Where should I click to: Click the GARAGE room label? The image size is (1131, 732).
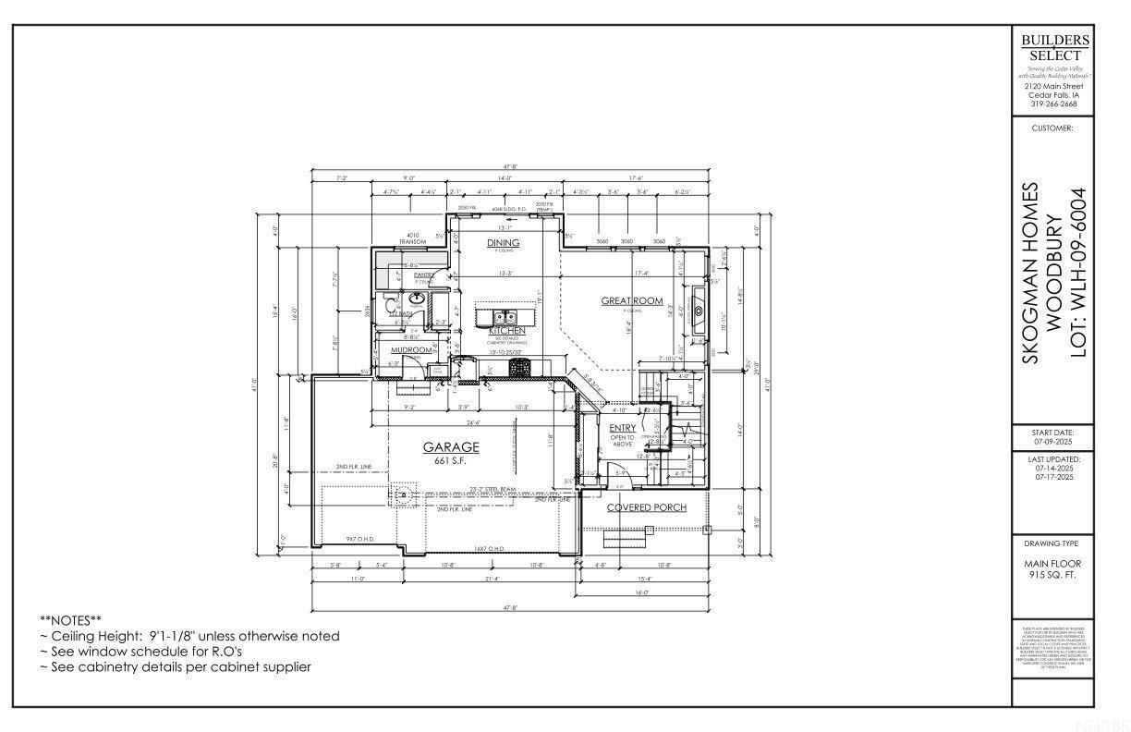tap(451, 446)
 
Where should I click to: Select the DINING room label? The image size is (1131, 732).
tap(503, 243)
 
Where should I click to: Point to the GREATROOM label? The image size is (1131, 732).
tap(632, 300)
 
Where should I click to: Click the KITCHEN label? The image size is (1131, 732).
tap(506, 330)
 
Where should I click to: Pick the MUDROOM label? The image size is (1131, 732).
tap(412, 350)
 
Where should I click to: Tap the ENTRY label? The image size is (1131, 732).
tap(623, 428)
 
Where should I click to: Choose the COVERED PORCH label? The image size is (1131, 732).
tap(646, 507)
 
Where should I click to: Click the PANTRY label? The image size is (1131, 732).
tap(424, 274)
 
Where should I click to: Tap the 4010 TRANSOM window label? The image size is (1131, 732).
tap(412, 238)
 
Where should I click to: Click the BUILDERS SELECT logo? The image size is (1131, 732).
tap(1054, 47)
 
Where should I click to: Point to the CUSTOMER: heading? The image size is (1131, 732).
tap(1054, 128)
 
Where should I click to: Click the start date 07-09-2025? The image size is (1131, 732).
tap(1054, 442)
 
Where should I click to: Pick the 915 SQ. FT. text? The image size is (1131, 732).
tap(1054, 575)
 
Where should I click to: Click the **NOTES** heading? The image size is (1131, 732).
tap(70, 619)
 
